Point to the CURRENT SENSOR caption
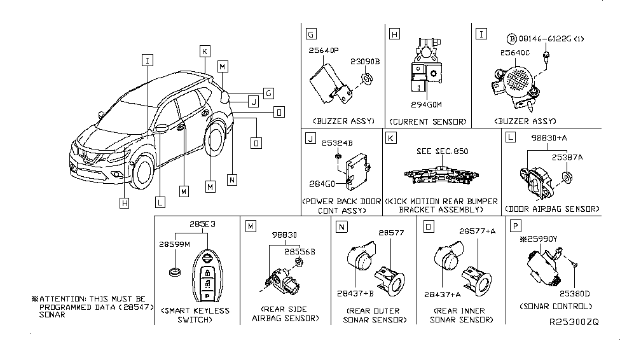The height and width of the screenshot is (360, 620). coord(429,121)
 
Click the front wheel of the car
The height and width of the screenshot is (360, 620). coord(143,174)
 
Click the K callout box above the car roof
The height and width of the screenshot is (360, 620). coord(204,51)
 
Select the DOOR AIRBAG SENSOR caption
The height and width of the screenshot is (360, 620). coord(551,209)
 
